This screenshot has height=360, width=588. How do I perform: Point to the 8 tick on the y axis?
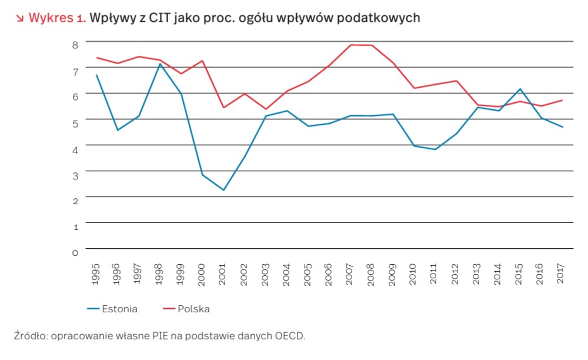tap(75, 44)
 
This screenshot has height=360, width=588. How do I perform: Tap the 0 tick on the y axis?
tap(75, 253)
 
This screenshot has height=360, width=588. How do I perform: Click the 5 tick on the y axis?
tap(75, 123)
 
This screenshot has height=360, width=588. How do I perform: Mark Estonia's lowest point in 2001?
tap(223, 190)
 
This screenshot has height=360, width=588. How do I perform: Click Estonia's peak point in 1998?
tap(160, 64)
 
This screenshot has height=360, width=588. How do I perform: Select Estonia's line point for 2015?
tap(520, 89)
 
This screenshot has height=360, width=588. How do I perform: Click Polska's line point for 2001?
tap(223, 108)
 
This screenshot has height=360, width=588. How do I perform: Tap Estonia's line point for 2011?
tap(435, 149)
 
